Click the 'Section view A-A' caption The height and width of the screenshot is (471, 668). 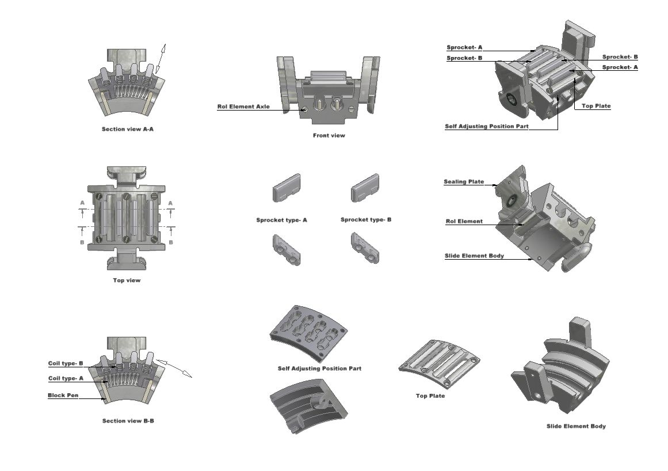(x=127, y=129)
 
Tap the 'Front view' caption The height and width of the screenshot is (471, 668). (x=329, y=136)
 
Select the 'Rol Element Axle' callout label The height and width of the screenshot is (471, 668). (x=243, y=107)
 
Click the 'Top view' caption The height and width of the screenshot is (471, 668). (x=127, y=280)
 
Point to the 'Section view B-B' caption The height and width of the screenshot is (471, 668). (x=128, y=421)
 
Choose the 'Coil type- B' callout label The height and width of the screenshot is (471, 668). (x=65, y=363)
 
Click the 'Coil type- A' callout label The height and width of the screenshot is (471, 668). (x=65, y=378)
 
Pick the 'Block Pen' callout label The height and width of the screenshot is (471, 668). (x=63, y=396)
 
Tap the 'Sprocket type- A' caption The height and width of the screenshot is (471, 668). (x=281, y=220)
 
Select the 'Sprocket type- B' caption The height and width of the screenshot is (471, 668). (x=366, y=219)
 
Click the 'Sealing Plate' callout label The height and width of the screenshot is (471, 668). (x=463, y=182)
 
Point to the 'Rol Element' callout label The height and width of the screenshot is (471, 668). (x=464, y=221)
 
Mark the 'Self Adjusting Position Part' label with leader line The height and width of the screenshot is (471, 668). (x=486, y=126)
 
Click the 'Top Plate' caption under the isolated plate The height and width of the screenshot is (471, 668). (x=430, y=396)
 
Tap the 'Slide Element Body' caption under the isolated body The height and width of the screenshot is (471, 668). (x=576, y=426)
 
